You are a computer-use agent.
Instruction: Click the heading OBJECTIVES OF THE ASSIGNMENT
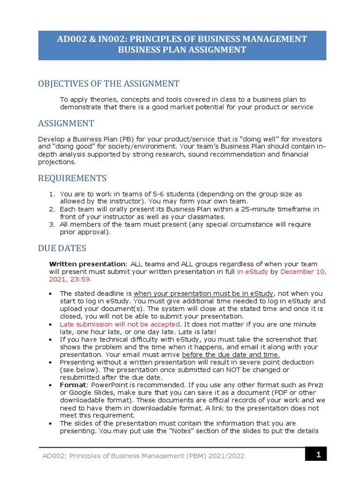coord(108,84)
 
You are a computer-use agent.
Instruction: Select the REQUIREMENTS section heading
coord(72,178)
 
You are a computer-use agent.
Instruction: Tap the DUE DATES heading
coord(62,248)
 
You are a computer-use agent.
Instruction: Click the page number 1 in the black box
coord(317,454)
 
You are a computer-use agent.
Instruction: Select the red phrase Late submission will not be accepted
coord(120,324)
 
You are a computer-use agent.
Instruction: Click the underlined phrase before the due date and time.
coord(231,354)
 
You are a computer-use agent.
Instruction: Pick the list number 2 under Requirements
coord(52,209)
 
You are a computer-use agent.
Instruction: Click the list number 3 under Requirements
coord(52,224)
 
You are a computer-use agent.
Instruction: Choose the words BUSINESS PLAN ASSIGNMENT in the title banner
coord(182,50)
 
